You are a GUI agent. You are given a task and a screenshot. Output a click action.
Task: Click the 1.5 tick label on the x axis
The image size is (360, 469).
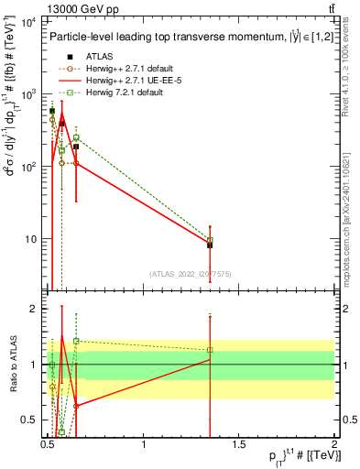pyautogui.click(x=239, y=443)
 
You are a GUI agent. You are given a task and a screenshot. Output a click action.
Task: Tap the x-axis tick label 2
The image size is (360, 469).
pyautogui.click(x=334, y=443)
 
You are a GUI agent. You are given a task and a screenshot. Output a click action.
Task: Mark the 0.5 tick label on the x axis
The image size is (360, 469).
pyautogui.click(x=48, y=443)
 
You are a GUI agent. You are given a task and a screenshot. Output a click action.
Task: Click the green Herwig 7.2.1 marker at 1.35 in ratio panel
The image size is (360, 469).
pyautogui.click(x=210, y=350)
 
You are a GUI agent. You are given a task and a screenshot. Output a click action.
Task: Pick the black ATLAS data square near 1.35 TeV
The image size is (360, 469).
pyautogui.click(x=210, y=245)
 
